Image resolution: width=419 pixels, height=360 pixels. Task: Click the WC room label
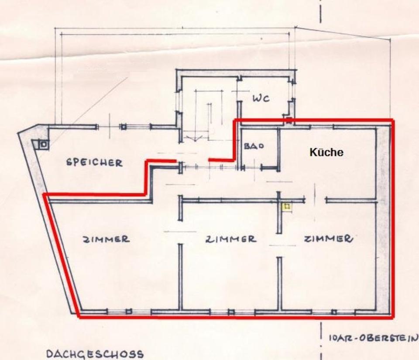point(261,98)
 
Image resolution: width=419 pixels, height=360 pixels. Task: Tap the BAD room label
point(254,146)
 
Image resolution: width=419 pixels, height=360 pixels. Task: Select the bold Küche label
point(326,152)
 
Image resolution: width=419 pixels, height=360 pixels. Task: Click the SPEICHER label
point(94,163)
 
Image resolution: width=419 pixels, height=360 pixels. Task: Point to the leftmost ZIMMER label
point(106,239)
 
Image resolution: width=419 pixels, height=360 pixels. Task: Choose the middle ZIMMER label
point(230,239)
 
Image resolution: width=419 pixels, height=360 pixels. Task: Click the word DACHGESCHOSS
point(94,353)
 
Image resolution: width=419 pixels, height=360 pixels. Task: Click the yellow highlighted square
point(287,206)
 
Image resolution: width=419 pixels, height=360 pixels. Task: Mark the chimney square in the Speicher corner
point(43,144)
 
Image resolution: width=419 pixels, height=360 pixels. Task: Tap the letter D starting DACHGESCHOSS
point(49,353)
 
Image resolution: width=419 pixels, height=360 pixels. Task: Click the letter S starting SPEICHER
point(69,162)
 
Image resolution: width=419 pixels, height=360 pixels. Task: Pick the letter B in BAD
point(247,146)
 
